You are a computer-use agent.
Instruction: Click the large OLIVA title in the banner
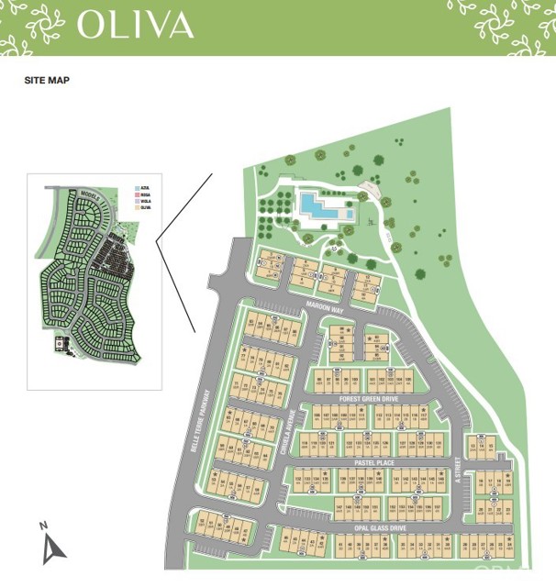click(x=135, y=25)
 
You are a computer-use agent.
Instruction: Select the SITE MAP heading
click(x=46, y=81)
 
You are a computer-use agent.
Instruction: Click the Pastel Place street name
click(x=371, y=462)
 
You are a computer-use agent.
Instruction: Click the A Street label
click(x=456, y=472)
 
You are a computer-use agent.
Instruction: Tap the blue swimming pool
click(x=324, y=208)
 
